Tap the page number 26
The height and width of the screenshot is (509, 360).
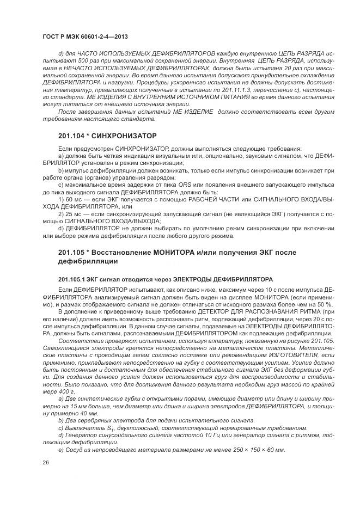coord(45,463)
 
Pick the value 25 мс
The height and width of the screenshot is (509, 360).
coord(74,214)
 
